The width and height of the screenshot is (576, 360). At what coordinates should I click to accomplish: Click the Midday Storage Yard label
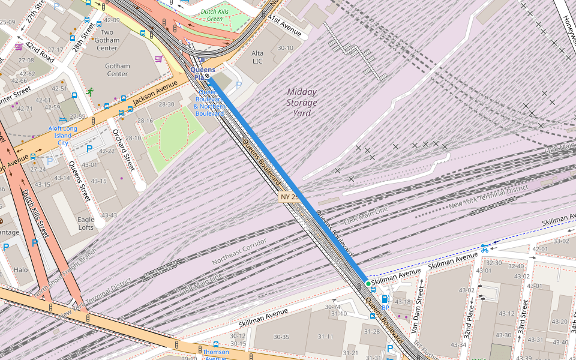point(301,103)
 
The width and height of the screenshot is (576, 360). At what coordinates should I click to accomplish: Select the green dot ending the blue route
point(368,283)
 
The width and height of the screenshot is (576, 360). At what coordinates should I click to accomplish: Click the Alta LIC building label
point(257,57)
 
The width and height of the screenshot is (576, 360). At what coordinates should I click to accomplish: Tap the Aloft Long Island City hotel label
point(63,136)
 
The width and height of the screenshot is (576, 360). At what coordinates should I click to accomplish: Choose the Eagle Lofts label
point(86,224)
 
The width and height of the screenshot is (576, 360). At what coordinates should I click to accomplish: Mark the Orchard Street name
point(122,146)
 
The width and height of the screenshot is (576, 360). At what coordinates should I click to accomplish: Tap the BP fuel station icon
point(385,299)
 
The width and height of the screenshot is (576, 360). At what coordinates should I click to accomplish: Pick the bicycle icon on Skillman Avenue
point(484,248)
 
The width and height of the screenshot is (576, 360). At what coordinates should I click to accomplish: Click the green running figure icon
point(89,92)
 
